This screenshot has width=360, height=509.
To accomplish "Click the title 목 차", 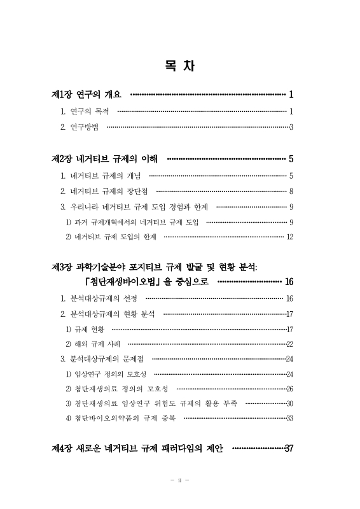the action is (x=179, y=65).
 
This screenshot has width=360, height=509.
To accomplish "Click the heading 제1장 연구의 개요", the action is (x=87, y=95).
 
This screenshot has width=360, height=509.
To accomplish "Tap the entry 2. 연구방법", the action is (x=80, y=127).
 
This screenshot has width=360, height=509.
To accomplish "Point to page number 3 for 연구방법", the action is (x=291, y=127).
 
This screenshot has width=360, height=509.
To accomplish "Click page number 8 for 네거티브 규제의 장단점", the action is (x=291, y=191).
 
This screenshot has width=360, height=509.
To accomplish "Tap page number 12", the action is (x=289, y=237).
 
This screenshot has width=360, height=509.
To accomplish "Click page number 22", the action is (x=289, y=344).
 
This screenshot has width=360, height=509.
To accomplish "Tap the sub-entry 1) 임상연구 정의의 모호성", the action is (x=106, y=374).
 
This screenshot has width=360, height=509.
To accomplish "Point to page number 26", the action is (x=289, y=389).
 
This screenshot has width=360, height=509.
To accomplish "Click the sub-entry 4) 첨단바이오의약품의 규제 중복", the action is (x=120, y=418).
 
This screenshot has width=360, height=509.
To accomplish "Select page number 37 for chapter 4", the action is (x=289, y=449).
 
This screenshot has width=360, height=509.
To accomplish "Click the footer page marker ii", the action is (x=180, y=480).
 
